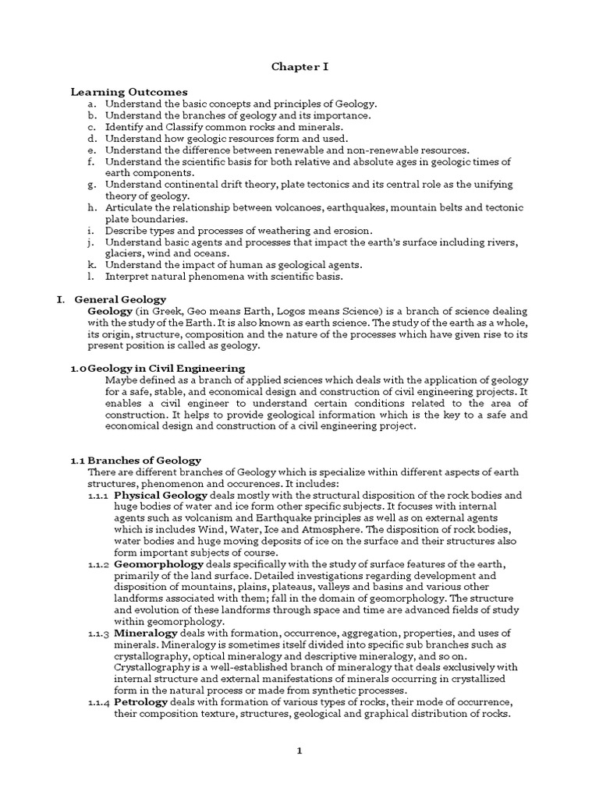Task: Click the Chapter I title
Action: click(x=299, y=67)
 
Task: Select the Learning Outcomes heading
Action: click(x=129, y=92)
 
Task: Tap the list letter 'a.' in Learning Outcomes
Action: click(x=92, y=104)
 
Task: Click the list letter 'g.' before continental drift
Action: click(x=92, y=185)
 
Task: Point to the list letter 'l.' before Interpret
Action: click(x=92, y=277)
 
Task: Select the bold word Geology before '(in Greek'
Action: click(x=112, y=311)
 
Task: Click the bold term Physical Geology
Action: click(x=161, y=495)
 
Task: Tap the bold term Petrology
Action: click(x=141, y=702)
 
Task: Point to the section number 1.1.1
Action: click(x=99, y=495)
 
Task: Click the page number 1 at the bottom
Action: click(x=299, y=750)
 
